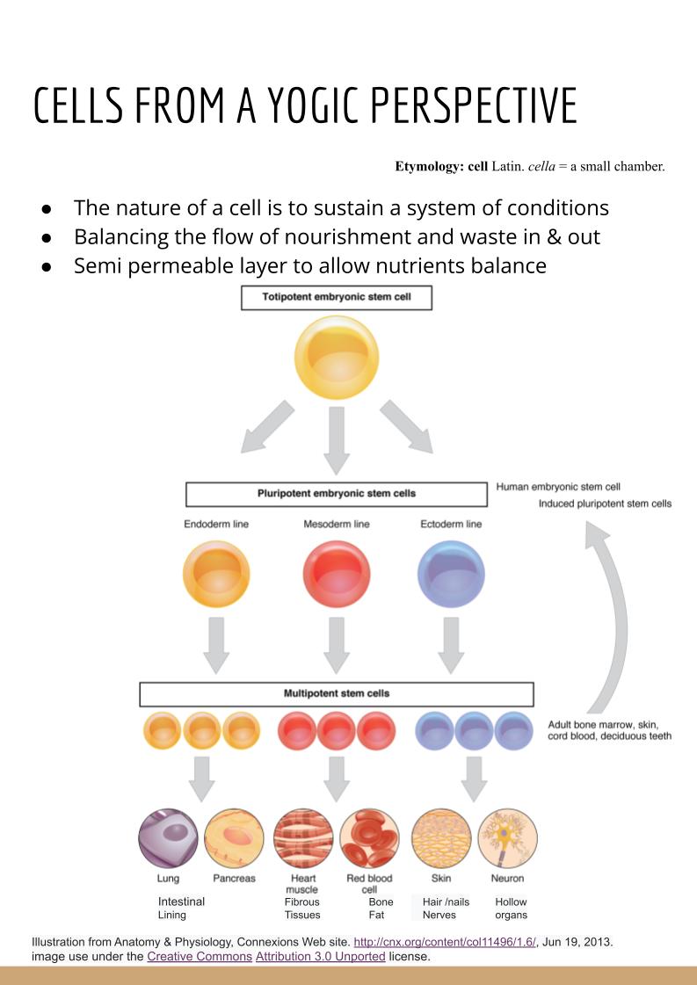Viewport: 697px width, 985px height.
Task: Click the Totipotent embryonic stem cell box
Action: [x=337, y=297]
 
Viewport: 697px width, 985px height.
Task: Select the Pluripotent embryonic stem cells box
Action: [x=337, y=494]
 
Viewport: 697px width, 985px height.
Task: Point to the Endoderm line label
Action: [x=216, y=525]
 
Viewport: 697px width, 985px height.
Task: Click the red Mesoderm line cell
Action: [x=337, y=575]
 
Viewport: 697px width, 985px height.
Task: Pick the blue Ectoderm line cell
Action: [x=451, y=575]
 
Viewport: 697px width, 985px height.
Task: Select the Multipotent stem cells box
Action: [x=337, y=693]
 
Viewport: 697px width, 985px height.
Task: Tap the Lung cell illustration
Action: [x=168, y=838]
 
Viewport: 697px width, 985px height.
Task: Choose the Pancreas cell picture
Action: [x=234, y=838]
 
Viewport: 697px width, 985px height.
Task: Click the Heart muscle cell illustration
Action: [x=302, y=838]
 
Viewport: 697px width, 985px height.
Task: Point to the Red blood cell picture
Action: [x=369, y=838]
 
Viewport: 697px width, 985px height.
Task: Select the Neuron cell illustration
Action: [x=507, y=838]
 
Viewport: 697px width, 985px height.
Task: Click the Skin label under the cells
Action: [x=441, y=879]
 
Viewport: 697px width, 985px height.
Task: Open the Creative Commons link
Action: [x=200, y=956]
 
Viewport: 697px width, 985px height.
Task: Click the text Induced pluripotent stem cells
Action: [x=605, y=504]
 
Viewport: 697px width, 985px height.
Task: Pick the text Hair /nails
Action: [x=446, y=902]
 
